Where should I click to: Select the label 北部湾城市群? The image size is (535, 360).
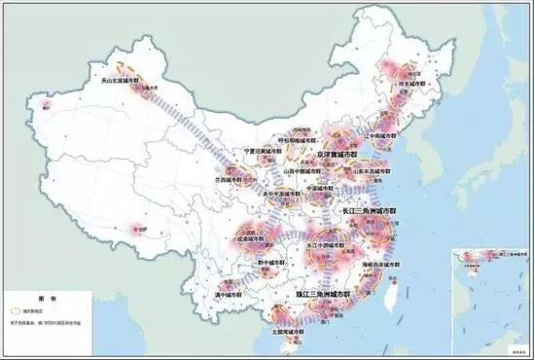pos(278,331)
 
